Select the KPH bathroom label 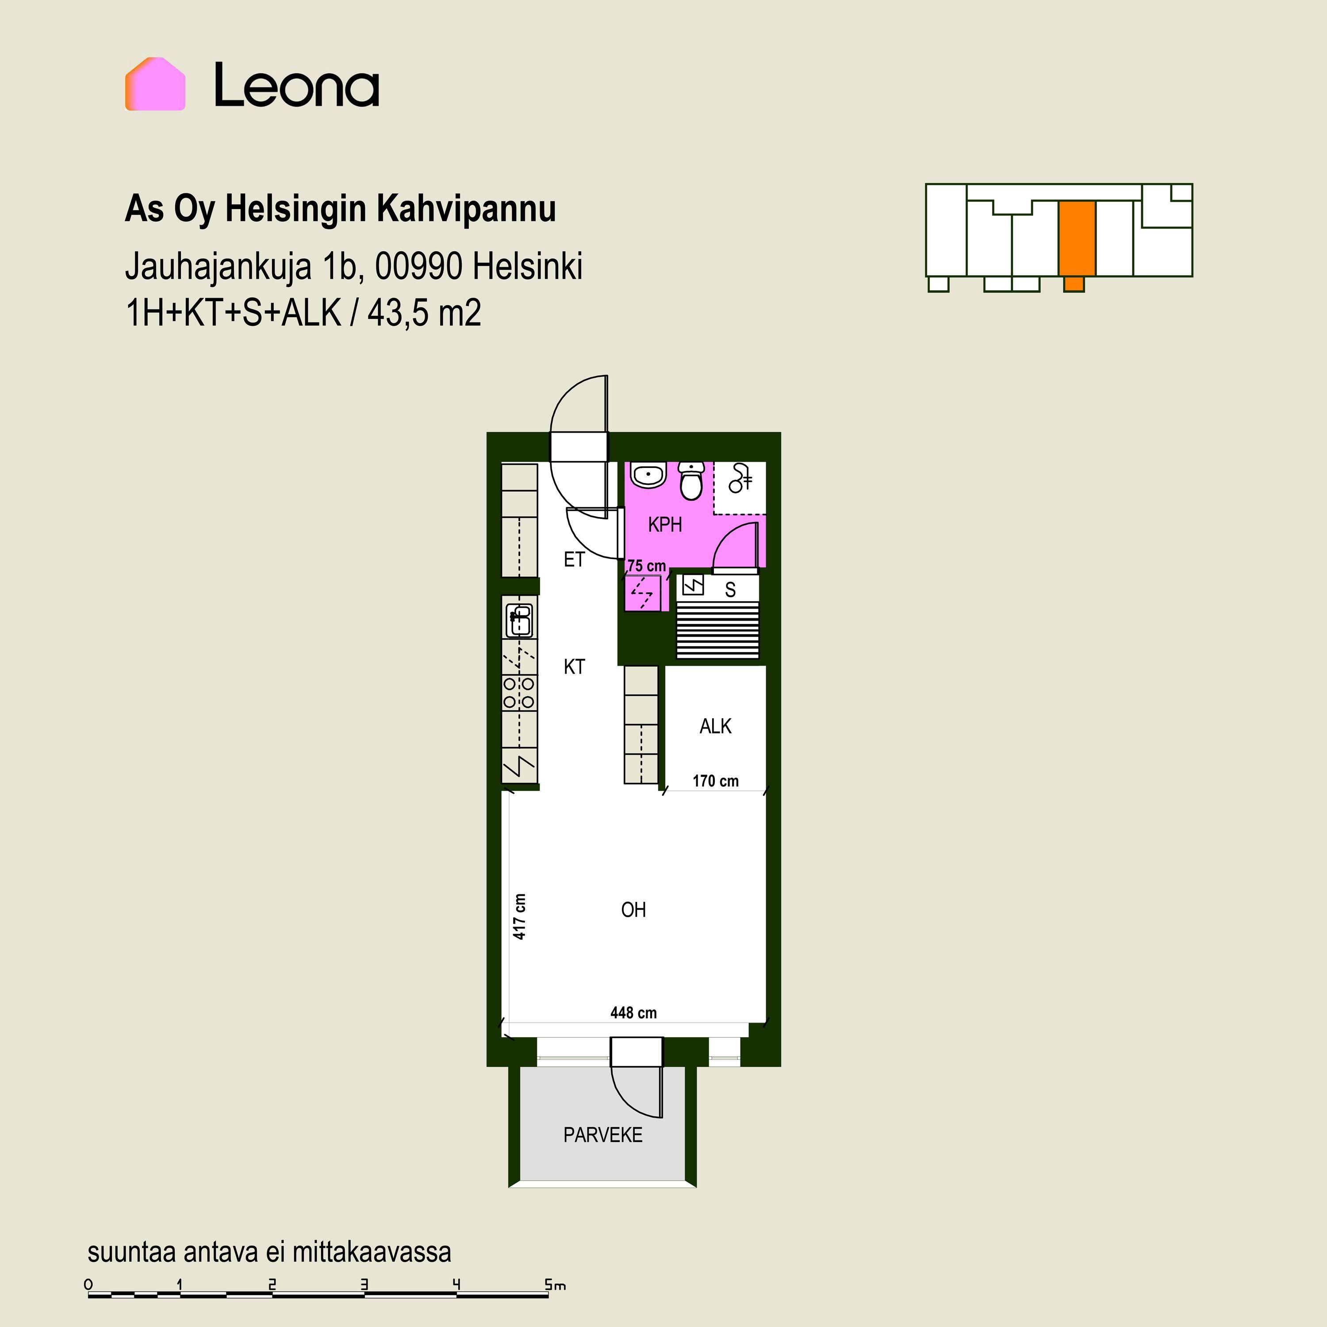click(x=665, y=525)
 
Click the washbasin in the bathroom click(x=648, y=476)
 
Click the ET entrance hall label click(x=574, y=560)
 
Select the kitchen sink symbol click(x=520, y=620)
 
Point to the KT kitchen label click(x=574, y=666)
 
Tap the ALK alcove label click(x=716, y=726)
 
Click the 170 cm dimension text click(x=716, y=781)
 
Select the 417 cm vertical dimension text click(x=520, y=916)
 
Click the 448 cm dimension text click(x=633, y=1013)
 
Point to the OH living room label click(x=633, y=910)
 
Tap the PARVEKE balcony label click(x=603, y=1135)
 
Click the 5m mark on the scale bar click(x=555, y=1285)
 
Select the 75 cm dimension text click(x=647, y=566)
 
